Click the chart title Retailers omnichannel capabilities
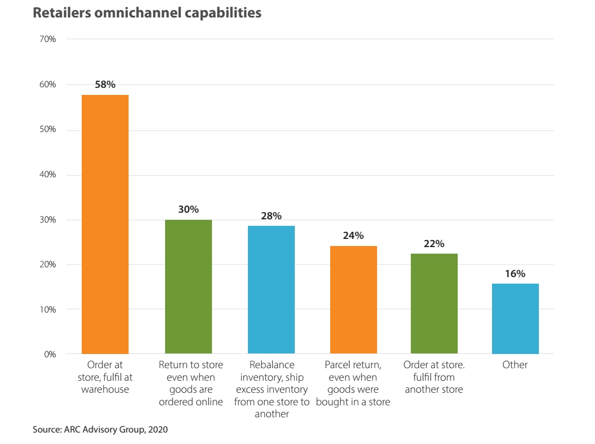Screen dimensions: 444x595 [147, 13]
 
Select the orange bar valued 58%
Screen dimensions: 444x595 [105, 224]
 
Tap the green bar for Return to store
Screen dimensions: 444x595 [189, 287]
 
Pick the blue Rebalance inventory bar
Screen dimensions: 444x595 [271, 290]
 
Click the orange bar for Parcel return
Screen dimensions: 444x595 [354, 300]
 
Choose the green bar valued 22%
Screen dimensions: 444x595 [434, 304]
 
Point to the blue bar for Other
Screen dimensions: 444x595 [515, 319]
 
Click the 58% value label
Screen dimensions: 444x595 [106, 85]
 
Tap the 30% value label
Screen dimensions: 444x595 [189, 209]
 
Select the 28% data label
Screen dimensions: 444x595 [271, 216]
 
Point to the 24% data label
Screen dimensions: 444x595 [354, 236]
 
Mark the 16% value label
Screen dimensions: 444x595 [515, 274]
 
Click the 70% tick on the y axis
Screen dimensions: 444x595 [47, 39]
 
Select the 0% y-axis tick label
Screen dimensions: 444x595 [49, 354]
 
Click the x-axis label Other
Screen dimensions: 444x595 [515, 364]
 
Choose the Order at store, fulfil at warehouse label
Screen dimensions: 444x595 [105, 377]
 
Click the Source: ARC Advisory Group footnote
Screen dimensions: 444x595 [100, 430]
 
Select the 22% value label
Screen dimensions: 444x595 [434, 244]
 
